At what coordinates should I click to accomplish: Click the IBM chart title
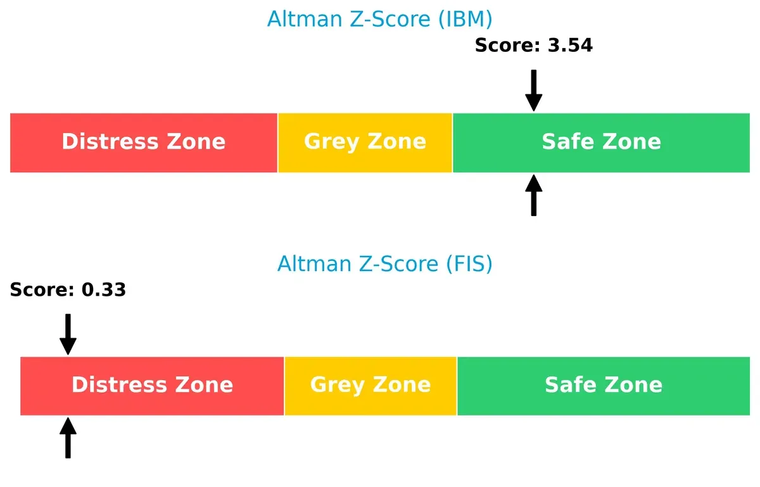379,19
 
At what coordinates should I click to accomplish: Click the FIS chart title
384,263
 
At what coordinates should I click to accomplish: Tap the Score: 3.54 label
533,46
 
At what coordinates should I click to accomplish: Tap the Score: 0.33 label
68,290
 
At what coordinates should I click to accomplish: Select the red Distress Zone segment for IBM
144,142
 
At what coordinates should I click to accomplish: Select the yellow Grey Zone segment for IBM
365,142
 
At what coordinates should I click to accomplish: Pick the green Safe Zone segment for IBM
601,142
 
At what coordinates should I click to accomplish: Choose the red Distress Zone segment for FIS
152,386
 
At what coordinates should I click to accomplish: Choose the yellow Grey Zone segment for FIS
370,386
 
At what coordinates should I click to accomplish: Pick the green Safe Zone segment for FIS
603,386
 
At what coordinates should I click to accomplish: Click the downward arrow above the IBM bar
534,90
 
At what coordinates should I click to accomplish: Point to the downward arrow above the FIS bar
68,334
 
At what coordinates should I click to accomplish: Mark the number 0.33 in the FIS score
103,290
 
